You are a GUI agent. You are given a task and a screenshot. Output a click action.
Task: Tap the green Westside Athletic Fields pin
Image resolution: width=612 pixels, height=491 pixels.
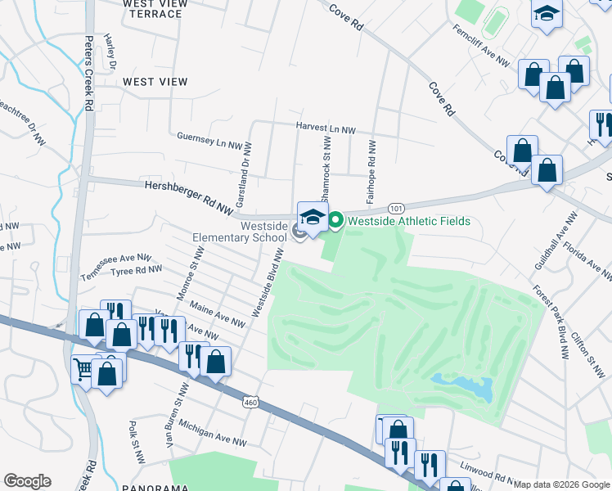pyautogui.click(x=335, y=221)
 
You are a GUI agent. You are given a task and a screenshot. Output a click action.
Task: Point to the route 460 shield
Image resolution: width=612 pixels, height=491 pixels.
pyautogui.click(x=251, y=401)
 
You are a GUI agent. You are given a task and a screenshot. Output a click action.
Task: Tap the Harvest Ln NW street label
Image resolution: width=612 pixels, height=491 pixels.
pyautogui.click(x=326, y=129)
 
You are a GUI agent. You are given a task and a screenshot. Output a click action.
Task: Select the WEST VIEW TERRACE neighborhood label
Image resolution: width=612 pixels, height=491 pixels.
pyautogui.click(x=155, y=9)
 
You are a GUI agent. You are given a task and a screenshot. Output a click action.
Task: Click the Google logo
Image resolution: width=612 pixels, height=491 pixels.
pyautogui.click(x=27, y=481)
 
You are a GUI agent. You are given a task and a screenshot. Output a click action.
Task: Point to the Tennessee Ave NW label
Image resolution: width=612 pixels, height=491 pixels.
pyautogui.click(x=116, y=267)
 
